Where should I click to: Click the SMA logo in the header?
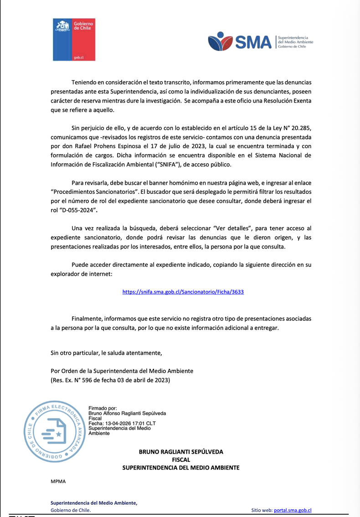pos(260,41)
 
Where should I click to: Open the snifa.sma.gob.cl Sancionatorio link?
pos(183,292)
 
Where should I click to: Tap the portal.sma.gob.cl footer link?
pos(293,511)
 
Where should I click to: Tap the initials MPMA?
pos(58,481)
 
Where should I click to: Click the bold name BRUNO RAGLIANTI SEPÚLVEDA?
pos(181,452)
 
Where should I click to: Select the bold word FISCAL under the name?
pos(181,460)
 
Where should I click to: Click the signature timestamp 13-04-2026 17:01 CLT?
pos(119,423)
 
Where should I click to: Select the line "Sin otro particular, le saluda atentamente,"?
pos(106,352)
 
